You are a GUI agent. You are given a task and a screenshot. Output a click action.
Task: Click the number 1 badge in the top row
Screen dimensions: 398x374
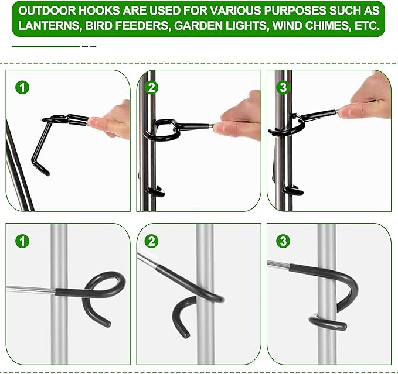coord(22,87)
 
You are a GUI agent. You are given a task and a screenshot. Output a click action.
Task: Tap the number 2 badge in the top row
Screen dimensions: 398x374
coord(151,88)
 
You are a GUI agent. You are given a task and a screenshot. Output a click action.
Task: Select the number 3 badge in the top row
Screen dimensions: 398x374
coord(283,88)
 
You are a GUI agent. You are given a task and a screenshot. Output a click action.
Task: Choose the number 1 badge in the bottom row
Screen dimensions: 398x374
coord(22,241)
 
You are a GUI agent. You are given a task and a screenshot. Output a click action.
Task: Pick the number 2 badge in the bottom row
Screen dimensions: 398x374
coord(151,241)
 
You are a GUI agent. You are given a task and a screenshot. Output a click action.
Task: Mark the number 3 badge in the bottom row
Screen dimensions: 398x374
coord(283,241)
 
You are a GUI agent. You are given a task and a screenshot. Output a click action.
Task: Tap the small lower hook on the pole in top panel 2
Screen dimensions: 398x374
coord(155,191)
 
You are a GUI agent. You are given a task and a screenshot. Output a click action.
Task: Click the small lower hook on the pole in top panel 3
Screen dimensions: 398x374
coord(294,191)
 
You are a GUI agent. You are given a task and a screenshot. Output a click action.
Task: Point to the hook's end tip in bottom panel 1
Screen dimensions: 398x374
coord(108,324)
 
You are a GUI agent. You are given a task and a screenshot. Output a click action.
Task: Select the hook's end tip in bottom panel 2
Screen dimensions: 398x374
coord(186,335)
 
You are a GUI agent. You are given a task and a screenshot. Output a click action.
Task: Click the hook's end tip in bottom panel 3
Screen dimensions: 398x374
coord(343,327)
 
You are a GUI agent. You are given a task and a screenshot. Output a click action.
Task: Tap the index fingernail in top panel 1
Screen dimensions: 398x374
coord(93,122)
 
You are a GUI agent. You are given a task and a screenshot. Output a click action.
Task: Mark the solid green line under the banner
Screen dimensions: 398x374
coord(46,46)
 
